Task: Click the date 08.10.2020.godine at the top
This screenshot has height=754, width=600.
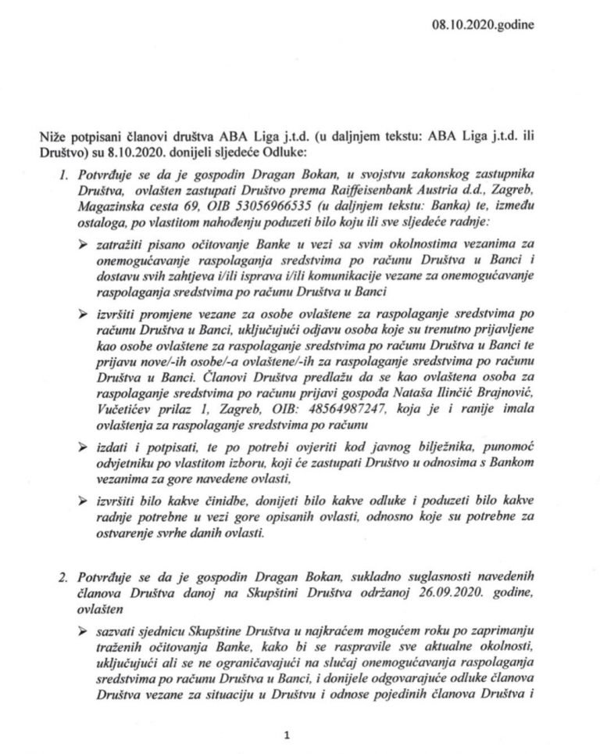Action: (x=483, y=25)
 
